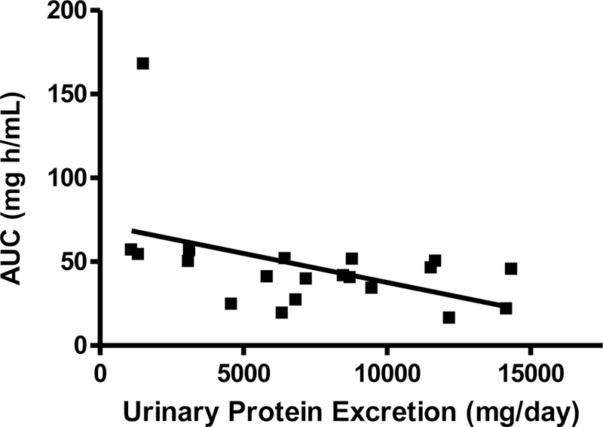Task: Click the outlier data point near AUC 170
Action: tap(142, 63)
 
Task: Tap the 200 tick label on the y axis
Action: tap(66, 11)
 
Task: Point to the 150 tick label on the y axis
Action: tap(66, 94)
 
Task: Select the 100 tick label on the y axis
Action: tap(66, 178)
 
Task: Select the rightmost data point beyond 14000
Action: tap(511, 269)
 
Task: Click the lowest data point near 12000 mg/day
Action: tap(449, 318)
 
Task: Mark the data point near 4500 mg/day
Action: tap(231, 303)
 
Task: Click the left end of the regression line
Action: tap(132, 230)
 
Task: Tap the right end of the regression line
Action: tap(504, 306)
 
